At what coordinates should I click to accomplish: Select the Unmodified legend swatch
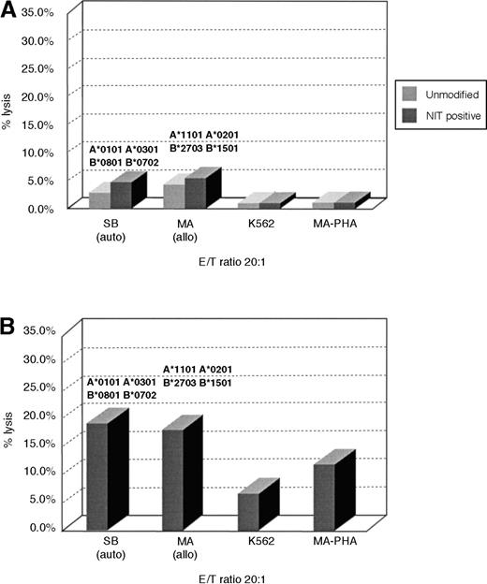point(409,93)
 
